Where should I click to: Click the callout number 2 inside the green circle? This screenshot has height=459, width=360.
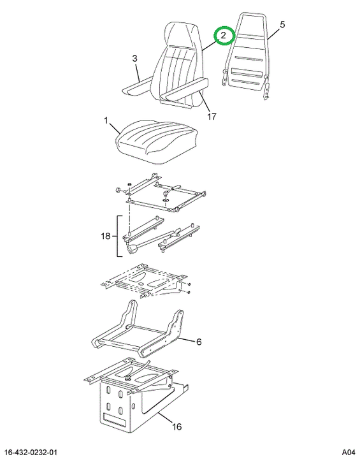(223, 36)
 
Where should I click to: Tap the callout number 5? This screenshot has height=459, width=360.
(282, 25)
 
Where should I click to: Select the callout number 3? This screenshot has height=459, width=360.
(134, 59)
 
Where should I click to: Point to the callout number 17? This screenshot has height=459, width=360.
(212, 117)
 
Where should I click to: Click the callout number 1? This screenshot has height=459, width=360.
(106, 120)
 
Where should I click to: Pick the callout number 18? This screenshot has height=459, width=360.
(106, 236)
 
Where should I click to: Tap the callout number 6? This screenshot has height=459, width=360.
(199, 342)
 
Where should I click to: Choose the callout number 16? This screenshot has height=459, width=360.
(176, 426)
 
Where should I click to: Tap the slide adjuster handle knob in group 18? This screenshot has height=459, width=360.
(133, 249)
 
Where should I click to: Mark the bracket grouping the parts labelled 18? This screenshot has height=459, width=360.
(119, 237)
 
